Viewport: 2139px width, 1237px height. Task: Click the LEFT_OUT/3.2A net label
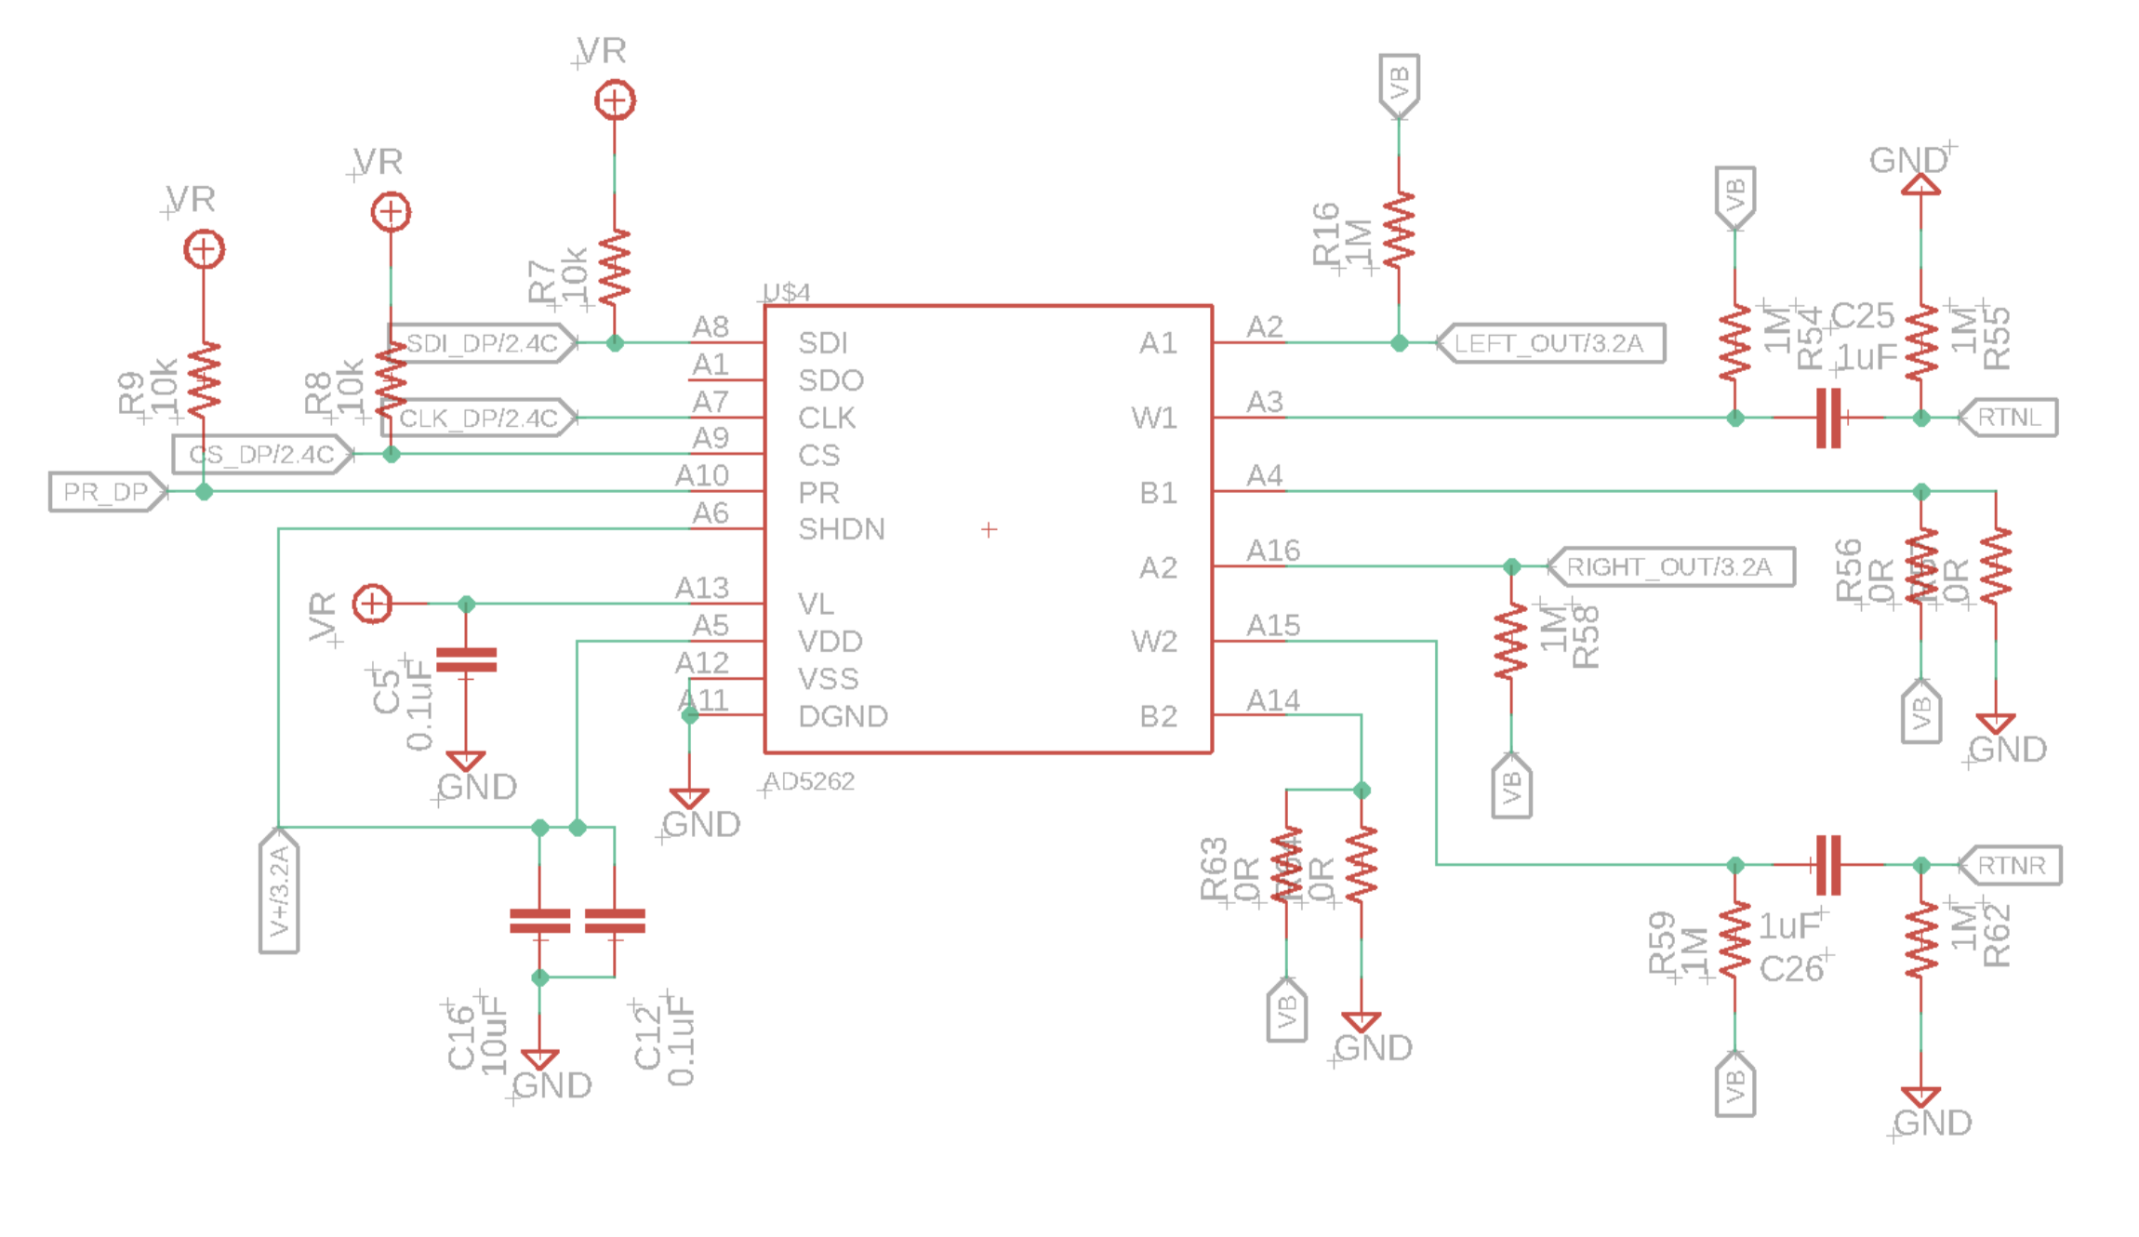[x=1549, y=343]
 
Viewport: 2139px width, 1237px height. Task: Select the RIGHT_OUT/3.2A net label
[x=1670, y=566]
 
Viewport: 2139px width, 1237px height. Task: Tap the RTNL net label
[x=2009, y=418]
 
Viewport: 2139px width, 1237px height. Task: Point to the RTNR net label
[x=2011, y=865]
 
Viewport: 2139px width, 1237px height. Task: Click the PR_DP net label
[x=106, y=492]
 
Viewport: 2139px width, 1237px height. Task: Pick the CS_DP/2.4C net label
[x=261, y=455]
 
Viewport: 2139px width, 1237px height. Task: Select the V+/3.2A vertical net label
[x=279, y=891]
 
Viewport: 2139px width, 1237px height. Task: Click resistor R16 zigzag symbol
[x=1399, y=230]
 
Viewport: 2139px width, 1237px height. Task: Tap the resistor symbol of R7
[x=614, y=268]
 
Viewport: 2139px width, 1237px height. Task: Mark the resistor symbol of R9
[x=204, y=379]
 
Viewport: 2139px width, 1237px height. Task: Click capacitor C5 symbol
[x=466, y=660]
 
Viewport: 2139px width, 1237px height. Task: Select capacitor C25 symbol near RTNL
[x=1828, y=419]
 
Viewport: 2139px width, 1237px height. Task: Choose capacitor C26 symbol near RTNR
[x=1828, y=865]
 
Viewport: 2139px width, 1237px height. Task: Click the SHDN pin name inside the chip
[x=842, y=529]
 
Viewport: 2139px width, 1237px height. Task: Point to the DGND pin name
[x=844, y=716]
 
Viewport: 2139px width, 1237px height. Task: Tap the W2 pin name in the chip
[x=1154, y=641]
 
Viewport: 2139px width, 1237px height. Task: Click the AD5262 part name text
[x=809, y=781]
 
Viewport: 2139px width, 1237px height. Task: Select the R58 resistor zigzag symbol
[x=1511, y=641]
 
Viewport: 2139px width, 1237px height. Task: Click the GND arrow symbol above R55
[x=1920, y=185]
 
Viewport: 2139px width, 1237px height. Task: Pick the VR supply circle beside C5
[x=372, y=604]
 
